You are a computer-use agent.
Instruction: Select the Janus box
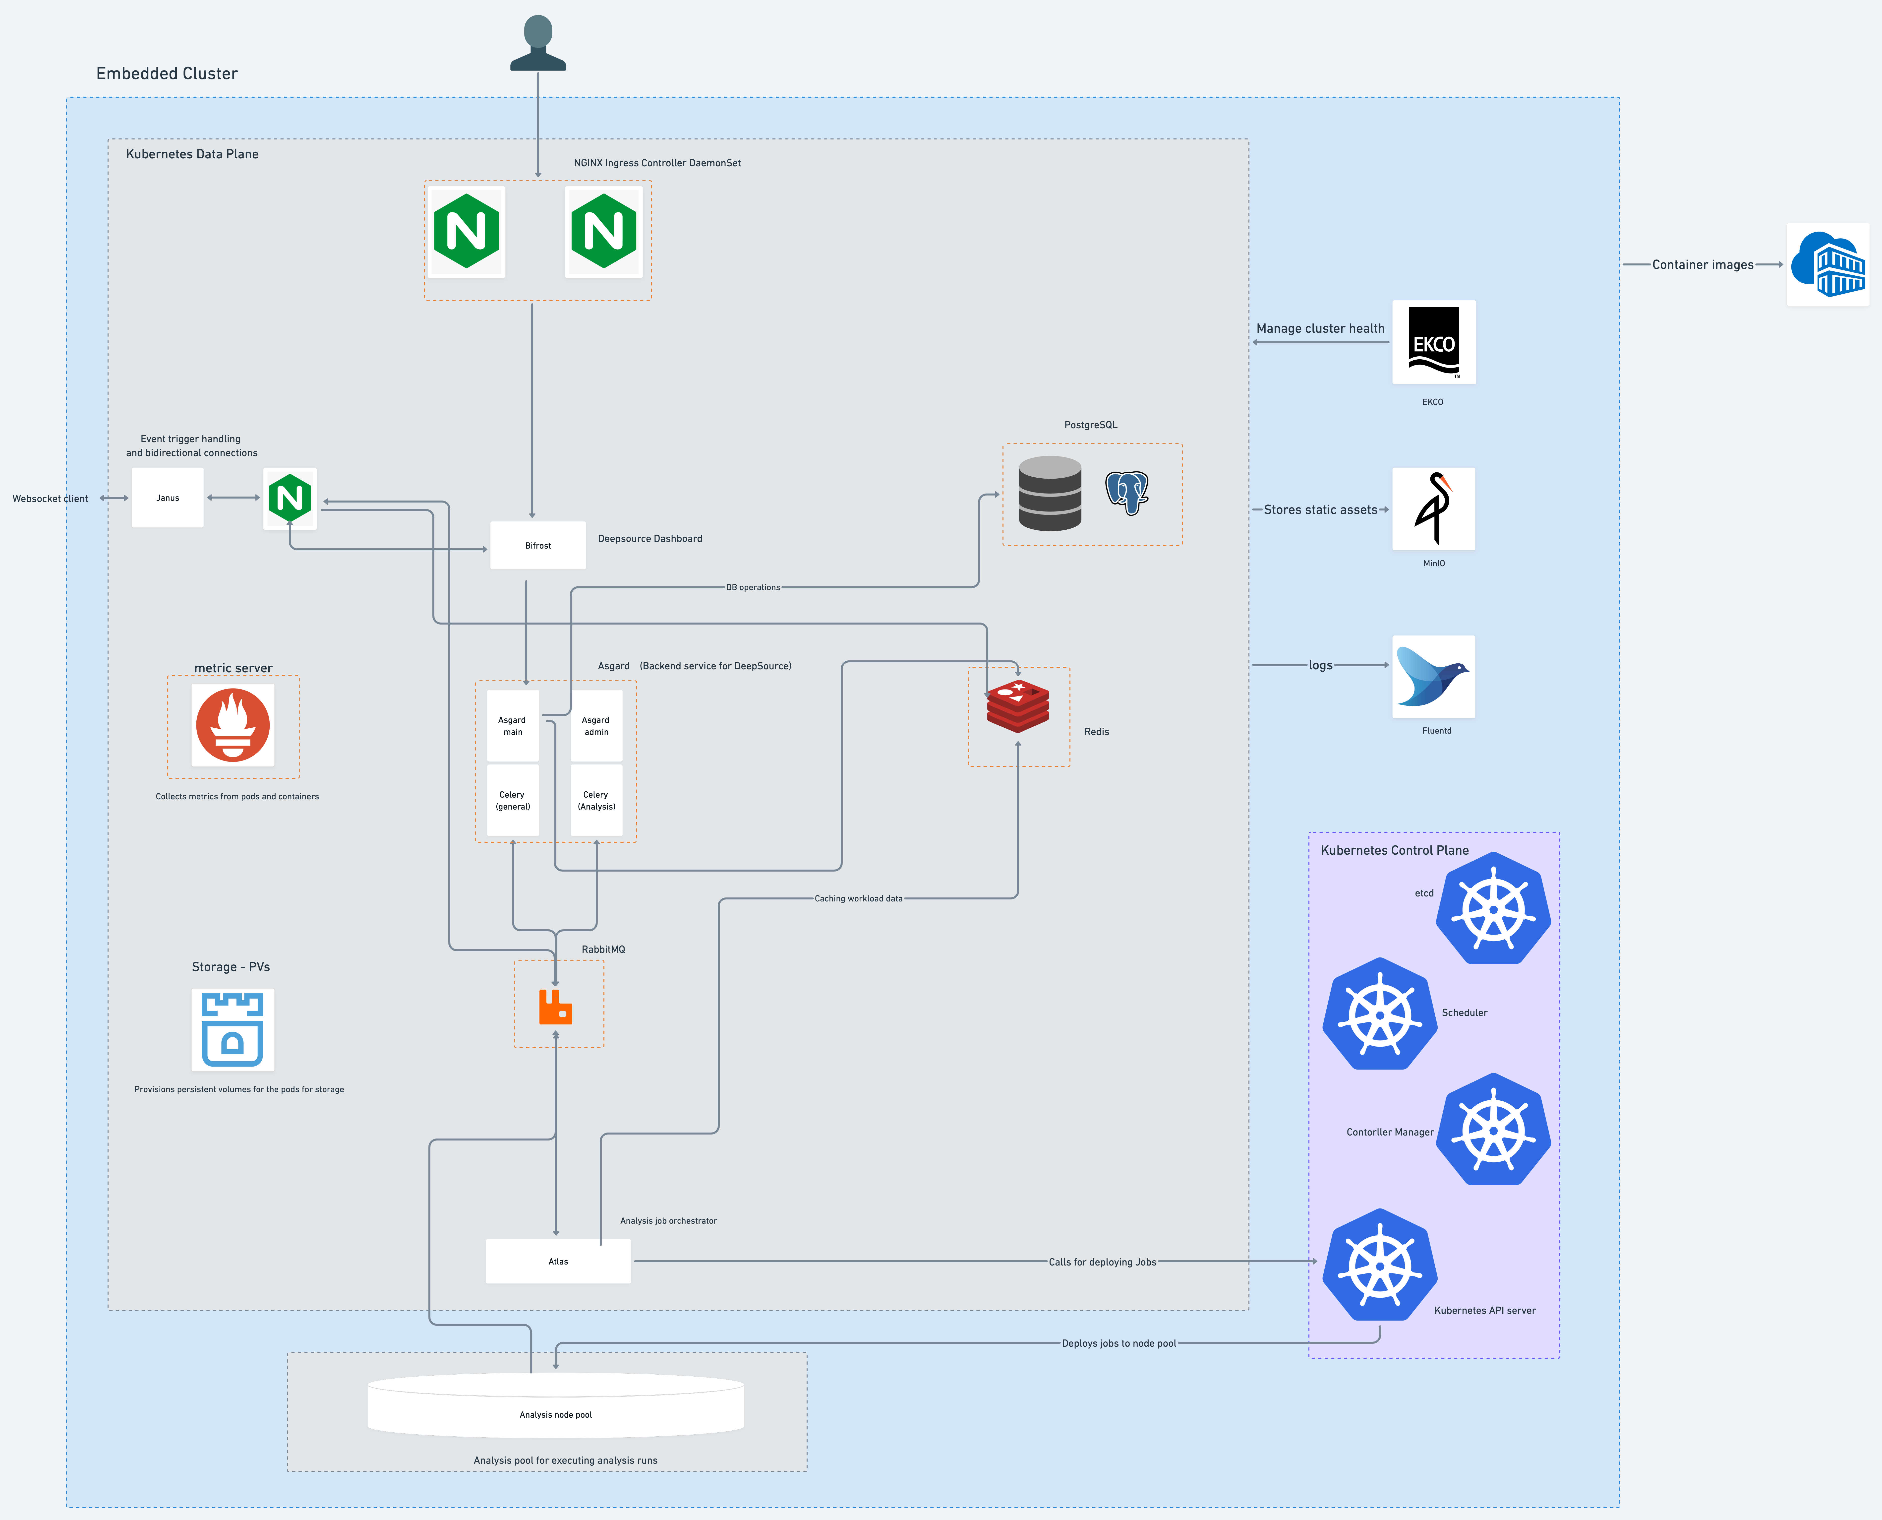(x=167, y=497)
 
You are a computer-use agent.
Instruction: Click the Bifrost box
(x=537, y=546)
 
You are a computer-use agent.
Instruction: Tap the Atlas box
(x=558, y=1261)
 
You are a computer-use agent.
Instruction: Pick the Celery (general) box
(x=513, y=800)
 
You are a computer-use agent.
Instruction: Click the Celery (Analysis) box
(x=596, y=800)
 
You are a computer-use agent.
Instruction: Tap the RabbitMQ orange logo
(x=555, y=1007)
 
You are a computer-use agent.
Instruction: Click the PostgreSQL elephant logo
(x=1126, y=493)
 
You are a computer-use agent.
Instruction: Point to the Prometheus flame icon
(x=233, y=725)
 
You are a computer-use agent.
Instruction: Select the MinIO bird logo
(x=1433, y=509)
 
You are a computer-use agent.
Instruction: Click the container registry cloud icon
(x=1828, y=264)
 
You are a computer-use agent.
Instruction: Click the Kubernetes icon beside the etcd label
(x=1493, y=909)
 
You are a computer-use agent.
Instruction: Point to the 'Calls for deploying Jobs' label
(x=1102, y=1262)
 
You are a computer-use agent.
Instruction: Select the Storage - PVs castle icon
(x=233, y=1030)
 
